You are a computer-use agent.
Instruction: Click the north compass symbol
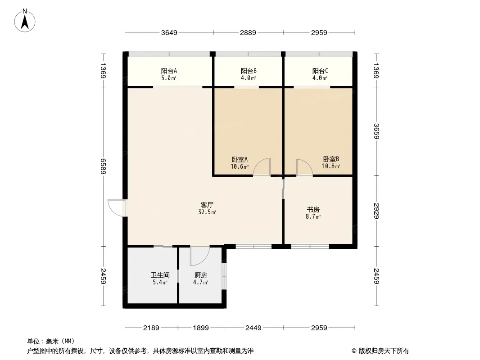(26, 20)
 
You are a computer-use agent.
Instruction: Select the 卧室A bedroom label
(240, 159)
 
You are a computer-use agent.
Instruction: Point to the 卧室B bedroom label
(331, 159)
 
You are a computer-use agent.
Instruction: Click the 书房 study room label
(313, 210)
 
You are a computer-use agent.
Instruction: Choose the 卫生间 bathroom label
(159, 275)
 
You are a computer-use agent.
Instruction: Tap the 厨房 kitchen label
(201, 275)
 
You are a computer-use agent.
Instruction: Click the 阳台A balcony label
(169, 71)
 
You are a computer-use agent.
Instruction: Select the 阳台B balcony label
(249, 71)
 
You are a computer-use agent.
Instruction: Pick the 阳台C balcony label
(320, 71)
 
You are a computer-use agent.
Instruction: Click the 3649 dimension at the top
(169, 32)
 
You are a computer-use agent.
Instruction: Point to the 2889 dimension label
(248, 32)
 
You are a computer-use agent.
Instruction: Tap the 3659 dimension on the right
(376, 131)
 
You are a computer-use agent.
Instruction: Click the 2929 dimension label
(376, 211)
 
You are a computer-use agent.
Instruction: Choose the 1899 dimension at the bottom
(201, 328)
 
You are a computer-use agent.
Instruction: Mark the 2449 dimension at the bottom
(254, 328)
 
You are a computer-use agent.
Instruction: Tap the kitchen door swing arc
(198, 256)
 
